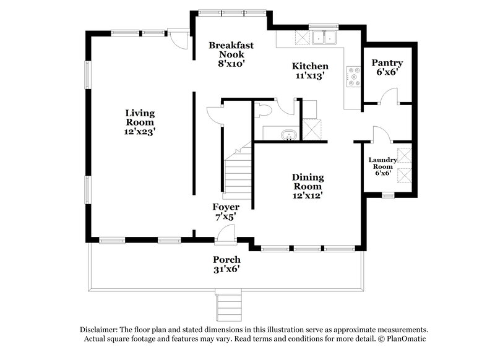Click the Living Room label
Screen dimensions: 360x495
pyautogui.click(x=140, y=122)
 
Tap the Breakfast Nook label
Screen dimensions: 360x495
pyautogui.click(x=231, y=54)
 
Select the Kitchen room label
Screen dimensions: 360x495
pyautogui.click(x=310, y=71)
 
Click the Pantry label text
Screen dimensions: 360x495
pyautogui.click(x=387, y=67)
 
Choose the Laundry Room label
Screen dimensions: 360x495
pyautogui.click(x=382, y=166)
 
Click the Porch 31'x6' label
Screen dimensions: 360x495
pyautogui.click(x=226, y=264)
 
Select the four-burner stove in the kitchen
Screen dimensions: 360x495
pyautogui.click(x=355, y=76)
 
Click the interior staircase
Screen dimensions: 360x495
pyautogui.click(x=238, y=173)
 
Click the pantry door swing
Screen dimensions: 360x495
pyautogui.click(x=388, y=96)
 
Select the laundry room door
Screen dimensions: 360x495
pyautogui.click(x=379, y=134)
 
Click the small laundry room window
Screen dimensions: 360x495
pyautogui.click(x=388, y=196)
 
